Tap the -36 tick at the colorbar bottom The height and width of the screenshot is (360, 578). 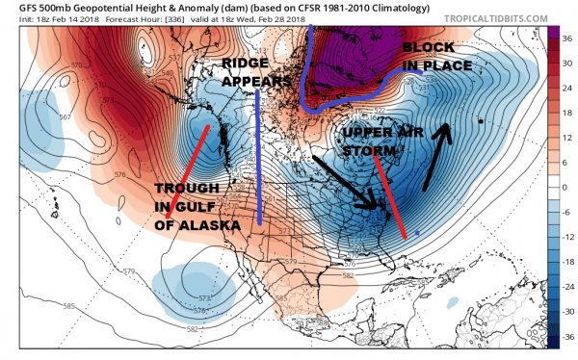click(x=568, y=336)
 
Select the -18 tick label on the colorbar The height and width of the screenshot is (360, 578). click(x=568, y=260)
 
